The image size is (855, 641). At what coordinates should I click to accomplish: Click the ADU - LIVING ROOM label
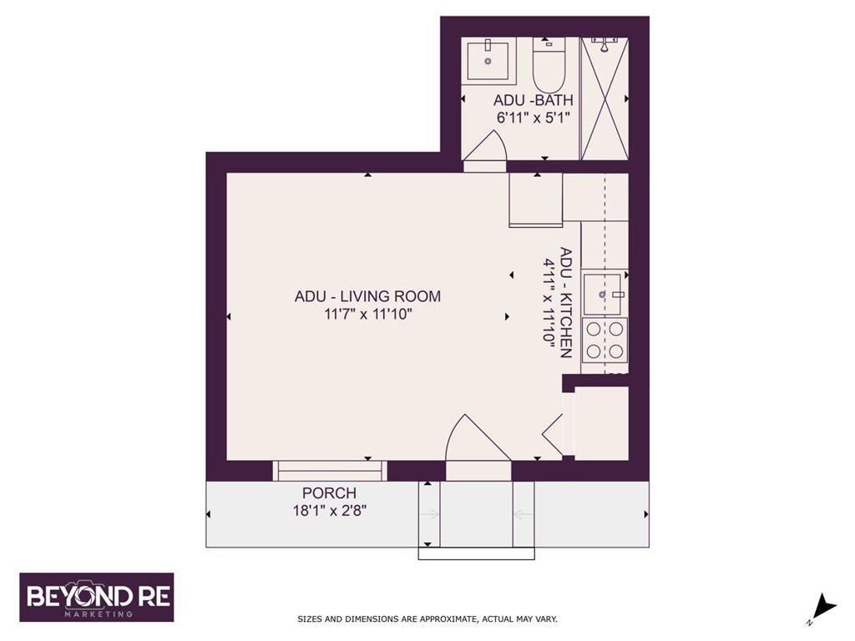tap(367, 296)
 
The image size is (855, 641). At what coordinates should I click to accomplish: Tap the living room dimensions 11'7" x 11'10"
tap(367, 315)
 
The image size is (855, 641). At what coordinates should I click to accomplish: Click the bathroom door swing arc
tap(486, 150)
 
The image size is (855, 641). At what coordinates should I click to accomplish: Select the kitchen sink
tap(605, 294)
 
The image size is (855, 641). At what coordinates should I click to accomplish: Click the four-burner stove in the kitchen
tap(605, 340)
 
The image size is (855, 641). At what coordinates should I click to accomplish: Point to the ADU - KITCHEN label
tap(566, 302)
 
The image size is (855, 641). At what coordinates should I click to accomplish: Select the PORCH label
tap(329, 493)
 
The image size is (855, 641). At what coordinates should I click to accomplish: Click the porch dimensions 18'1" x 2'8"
tap(329, 510)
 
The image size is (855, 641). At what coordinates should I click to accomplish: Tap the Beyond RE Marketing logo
tap(97, 598)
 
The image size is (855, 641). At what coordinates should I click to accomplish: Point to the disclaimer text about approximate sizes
tap(427, 619)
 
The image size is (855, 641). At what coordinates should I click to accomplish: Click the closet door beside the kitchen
tap(555, 428)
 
